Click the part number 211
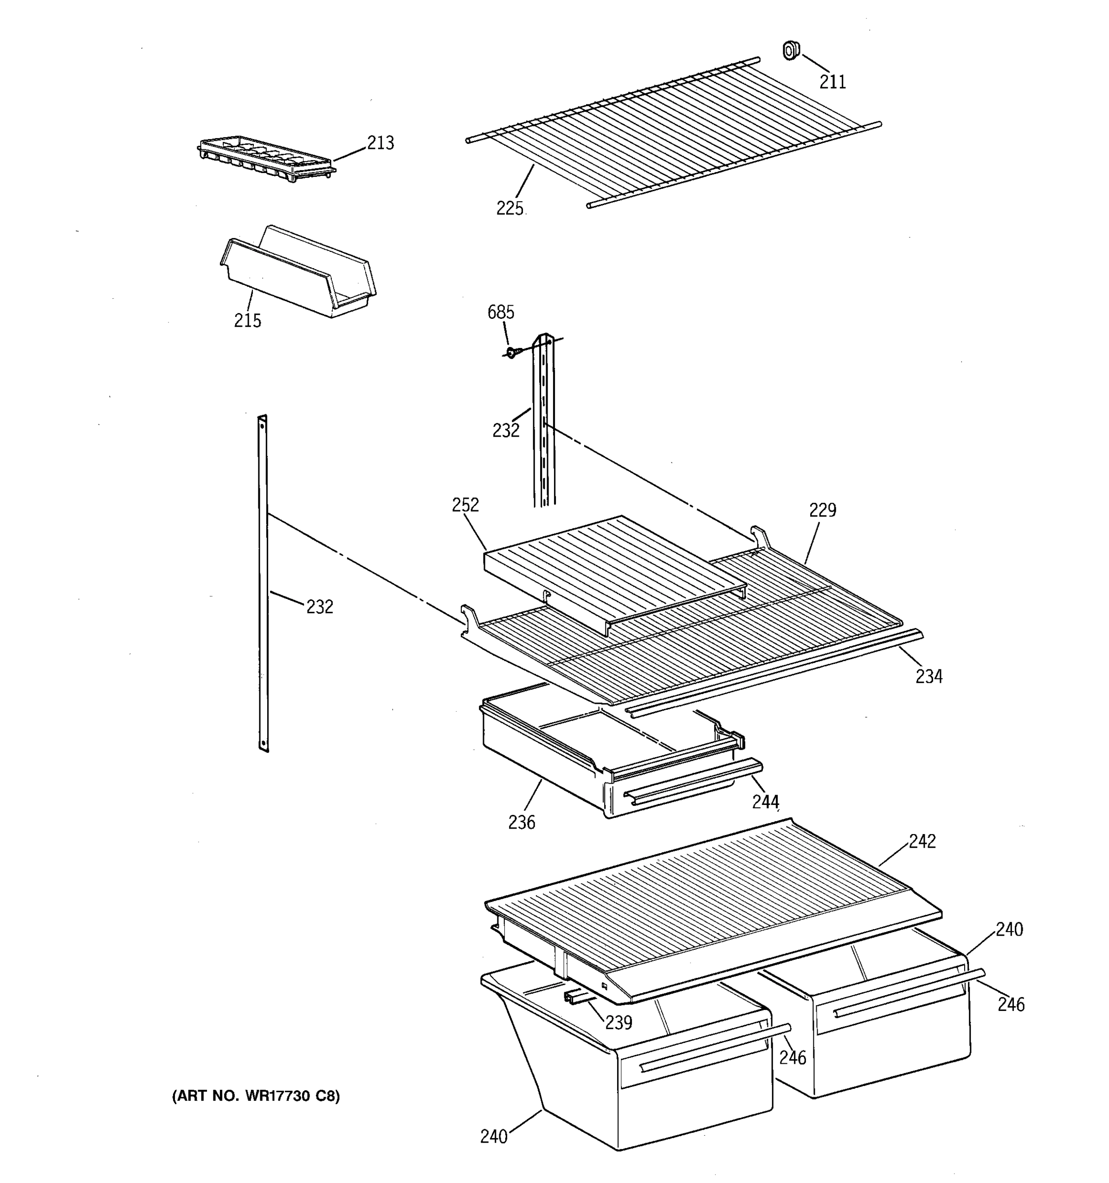832,81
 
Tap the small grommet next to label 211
791,51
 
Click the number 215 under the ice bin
247,321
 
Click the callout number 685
500,312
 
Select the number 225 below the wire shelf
510,209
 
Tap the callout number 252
465,505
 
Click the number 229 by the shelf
822,510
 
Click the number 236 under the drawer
522,822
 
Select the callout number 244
765,802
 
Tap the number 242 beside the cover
922,841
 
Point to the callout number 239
618,1022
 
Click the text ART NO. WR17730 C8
256,1096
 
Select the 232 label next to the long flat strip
319,607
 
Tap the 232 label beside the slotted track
506,430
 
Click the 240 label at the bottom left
494,1137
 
